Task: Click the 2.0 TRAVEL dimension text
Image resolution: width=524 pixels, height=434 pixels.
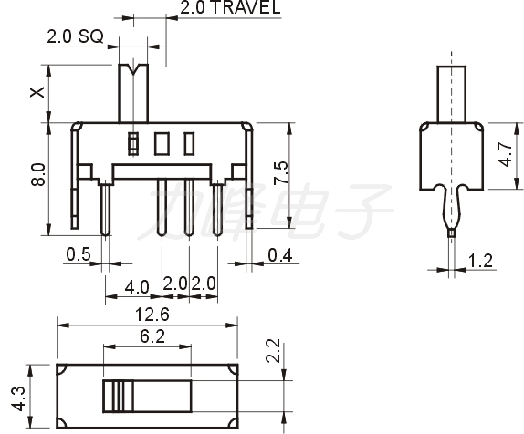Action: (230, 7)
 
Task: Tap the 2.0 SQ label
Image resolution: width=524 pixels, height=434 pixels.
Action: (75, 36)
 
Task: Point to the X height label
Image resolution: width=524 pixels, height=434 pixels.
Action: (37, 92)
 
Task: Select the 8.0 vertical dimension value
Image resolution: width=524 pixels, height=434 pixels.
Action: (37, 174)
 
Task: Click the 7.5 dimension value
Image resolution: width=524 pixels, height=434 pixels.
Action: (280, 172)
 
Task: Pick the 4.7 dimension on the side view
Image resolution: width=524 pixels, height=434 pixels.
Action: (505, 154)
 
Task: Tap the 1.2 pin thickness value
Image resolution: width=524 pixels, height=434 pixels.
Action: (480, 261)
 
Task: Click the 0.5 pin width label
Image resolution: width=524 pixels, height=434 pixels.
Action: (79, 254)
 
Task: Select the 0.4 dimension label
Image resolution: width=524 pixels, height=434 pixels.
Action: (280, 255)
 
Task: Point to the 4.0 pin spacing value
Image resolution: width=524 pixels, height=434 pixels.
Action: (137, 287)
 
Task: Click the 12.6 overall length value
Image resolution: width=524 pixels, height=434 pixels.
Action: (152, 315)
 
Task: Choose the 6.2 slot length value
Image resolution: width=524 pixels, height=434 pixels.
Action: (152, 336)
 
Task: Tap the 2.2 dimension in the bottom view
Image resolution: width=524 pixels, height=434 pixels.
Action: (273, 350)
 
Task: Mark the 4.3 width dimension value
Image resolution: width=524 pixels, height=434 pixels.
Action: (18, 399)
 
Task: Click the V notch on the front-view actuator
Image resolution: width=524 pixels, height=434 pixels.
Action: (133, 69)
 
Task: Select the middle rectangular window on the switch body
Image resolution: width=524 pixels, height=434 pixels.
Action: (162, 143)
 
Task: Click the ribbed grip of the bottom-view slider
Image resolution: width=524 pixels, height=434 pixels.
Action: (118, 396)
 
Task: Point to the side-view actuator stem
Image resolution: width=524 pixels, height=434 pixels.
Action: (452, 95)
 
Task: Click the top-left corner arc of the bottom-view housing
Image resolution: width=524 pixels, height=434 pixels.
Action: (62, 369)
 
